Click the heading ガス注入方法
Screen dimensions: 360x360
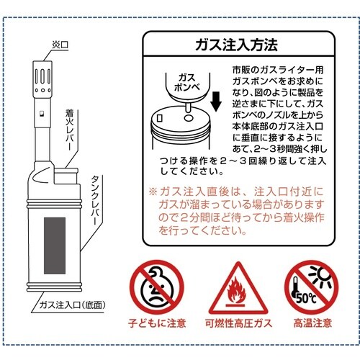pyautogui.click(x=236, y=46)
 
